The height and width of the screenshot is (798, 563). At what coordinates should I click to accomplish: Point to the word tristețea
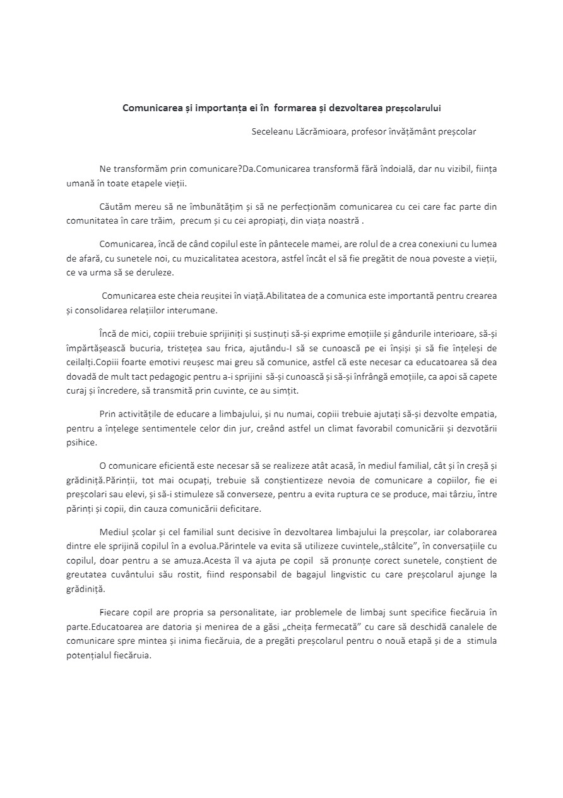tap(205, 348)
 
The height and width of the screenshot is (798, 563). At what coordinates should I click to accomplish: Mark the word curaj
tap(78, 392)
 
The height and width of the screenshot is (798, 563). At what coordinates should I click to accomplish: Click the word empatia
tap(480, 414)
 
